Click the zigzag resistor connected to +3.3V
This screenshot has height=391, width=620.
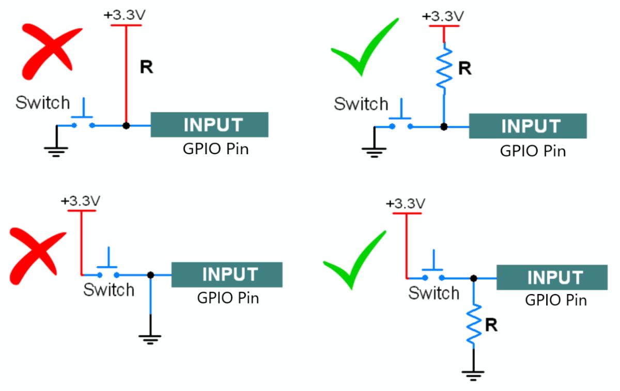click(444, 68)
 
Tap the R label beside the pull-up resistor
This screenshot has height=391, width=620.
click(465, 69)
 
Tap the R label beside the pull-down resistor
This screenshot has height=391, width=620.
click(491, 325)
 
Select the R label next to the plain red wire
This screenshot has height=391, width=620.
click(146, 67)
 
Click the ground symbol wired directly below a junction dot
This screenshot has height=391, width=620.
click(150, 338)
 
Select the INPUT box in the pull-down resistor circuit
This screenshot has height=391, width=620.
click(551, 278)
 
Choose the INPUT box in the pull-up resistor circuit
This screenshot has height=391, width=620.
click(528, 126)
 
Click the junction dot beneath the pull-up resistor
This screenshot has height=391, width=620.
click(444, 126)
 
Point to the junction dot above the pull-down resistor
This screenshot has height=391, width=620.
click(474, 278)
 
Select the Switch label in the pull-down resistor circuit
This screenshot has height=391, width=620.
click(433, 294)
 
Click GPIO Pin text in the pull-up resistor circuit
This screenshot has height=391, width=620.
click(533, 151)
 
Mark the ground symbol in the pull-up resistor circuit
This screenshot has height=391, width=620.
click(374, 151)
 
